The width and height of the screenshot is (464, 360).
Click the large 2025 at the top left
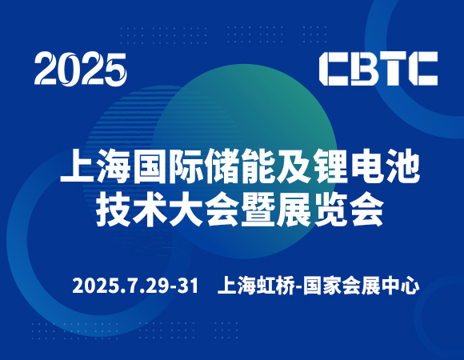tap(81, 70)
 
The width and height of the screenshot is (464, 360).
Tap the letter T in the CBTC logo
tap(393, 69)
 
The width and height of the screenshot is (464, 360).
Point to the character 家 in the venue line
tap(332, 286)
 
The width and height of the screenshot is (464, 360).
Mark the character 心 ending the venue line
tap(410, 286)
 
